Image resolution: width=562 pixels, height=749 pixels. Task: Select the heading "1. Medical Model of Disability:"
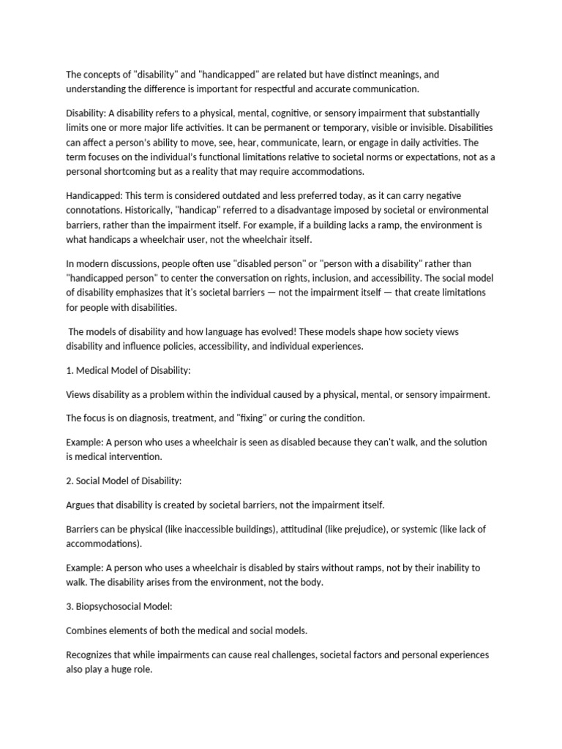coord(128,371)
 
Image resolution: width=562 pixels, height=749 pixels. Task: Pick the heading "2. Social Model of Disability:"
coord(124,481)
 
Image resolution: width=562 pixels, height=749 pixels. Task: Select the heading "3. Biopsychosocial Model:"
coord(119,606)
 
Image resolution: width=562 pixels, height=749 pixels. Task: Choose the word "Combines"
coord(89,631)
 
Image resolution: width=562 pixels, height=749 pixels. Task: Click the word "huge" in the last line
coord(120,669)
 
